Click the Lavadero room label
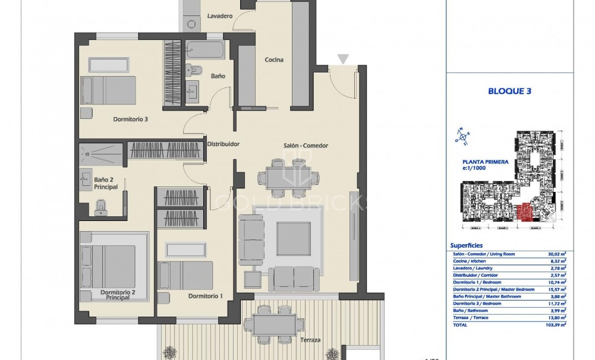[x=219, y=16]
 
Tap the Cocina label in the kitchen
[x=274, y=59]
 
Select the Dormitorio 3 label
[x=130, y=119]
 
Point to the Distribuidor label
[x=223, y=144]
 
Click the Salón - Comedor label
[x=306, y=146]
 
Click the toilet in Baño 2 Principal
[x=100, y=206]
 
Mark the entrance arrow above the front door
[x=342, y=58]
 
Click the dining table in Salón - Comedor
[x=288, y=177]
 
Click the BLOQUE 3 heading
[x=509, y=91]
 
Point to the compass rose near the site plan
[x=463, y=136]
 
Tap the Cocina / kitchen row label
[x=468, y=261]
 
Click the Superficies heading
[x=467, y=245]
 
